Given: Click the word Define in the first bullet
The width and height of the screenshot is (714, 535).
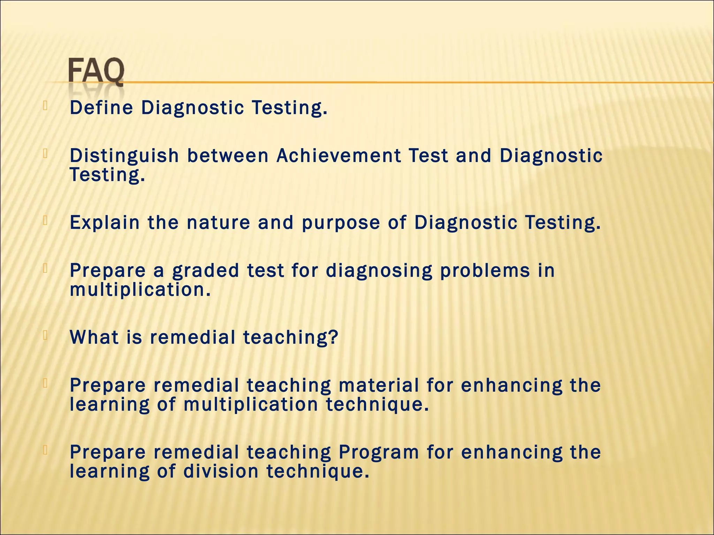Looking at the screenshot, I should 101,108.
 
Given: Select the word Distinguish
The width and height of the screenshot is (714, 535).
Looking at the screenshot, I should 124,156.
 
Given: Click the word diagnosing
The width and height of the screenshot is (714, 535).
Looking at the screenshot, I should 379,271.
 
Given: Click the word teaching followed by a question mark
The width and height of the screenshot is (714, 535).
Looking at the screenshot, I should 291,338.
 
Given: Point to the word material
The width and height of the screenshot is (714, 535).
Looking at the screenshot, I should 379,385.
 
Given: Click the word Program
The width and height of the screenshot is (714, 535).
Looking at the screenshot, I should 379,452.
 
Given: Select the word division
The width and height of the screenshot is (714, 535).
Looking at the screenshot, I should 221,471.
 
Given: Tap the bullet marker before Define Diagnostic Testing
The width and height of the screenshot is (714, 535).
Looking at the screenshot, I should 45,106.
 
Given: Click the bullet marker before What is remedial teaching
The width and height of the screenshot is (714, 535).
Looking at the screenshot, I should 45,335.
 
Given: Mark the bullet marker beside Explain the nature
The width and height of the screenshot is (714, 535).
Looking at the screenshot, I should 45,220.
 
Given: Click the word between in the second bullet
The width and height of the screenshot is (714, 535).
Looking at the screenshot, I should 228,156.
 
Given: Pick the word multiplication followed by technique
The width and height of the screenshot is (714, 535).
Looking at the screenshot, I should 251,405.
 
